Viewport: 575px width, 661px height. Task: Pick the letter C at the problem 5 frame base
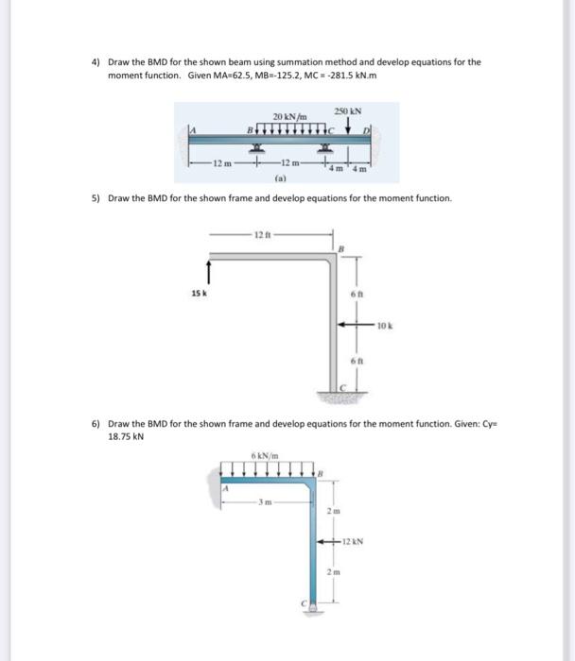click(344, 387)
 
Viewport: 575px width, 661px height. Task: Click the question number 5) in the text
click(96, 199)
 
